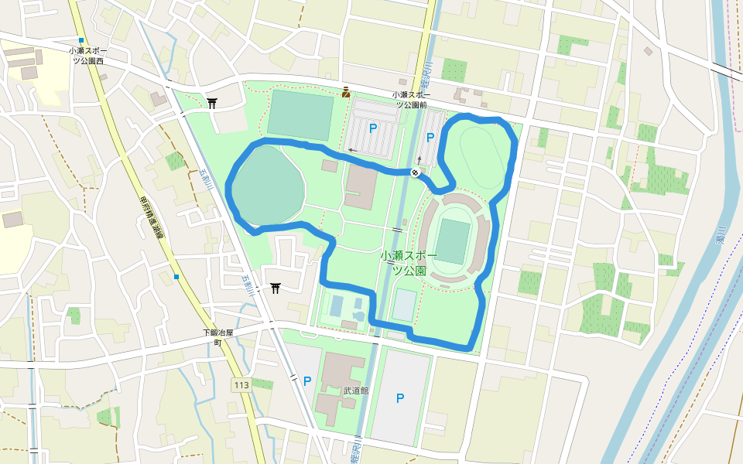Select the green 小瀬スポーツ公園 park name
coord(409,263)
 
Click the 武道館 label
coord(356,391)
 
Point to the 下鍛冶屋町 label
coord(217,337)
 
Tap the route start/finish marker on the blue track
coord(416,172)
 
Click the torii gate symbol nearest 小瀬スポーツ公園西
coord(212,102)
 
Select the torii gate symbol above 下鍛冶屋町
coord(276,288)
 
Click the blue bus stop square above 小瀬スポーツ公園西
coord(80,40)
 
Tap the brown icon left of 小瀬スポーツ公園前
coord(345,93)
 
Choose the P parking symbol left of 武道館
coord(307,380)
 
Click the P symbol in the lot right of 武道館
coord(400,398)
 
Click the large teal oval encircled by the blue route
coord(265,186)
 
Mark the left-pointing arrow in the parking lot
coord(353,150)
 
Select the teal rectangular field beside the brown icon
coord(300,115)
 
